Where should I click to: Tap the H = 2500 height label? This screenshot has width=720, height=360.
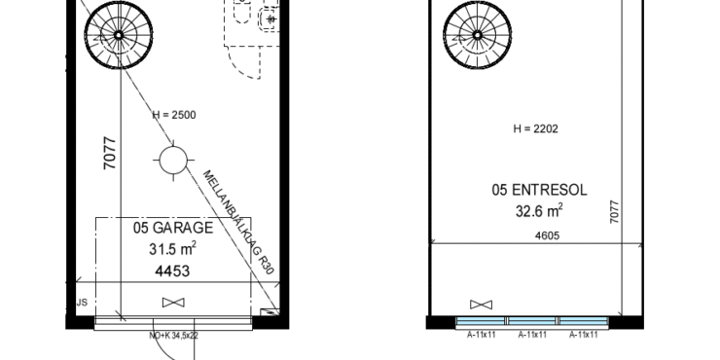point(174,115)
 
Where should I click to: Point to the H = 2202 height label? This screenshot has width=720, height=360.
point(536,128)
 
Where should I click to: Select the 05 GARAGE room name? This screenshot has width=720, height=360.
point(173,228)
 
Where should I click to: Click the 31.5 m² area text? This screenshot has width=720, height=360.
point(172,249)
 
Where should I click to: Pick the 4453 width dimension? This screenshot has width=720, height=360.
point(172,271)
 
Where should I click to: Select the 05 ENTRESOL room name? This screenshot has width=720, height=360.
point(540,190)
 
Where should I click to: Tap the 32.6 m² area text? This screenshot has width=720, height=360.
point(539,211)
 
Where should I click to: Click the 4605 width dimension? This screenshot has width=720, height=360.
point(548,236)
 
